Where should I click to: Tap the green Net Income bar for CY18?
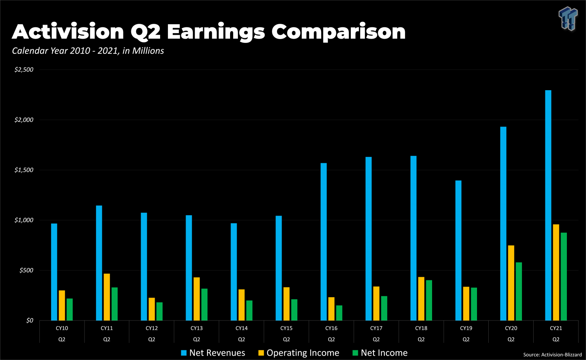coord(429,300)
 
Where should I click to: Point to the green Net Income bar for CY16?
coord(339,313)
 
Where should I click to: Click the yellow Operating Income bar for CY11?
coord(107,297)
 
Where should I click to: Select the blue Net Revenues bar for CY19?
coord(458,250)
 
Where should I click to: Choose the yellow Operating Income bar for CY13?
coord(197,299)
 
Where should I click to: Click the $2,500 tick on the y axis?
coord(24,70)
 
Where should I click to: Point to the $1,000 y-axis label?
coord(24,220)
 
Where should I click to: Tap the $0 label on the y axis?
coord(30,321)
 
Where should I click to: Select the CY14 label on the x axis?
coord(241,328)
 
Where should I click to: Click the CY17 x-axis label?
coord(376,328)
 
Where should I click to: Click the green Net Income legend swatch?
coord(355,353)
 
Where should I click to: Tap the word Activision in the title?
coord(68,32)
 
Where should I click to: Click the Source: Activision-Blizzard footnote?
coord(552,355)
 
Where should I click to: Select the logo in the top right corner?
coord(568,18)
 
